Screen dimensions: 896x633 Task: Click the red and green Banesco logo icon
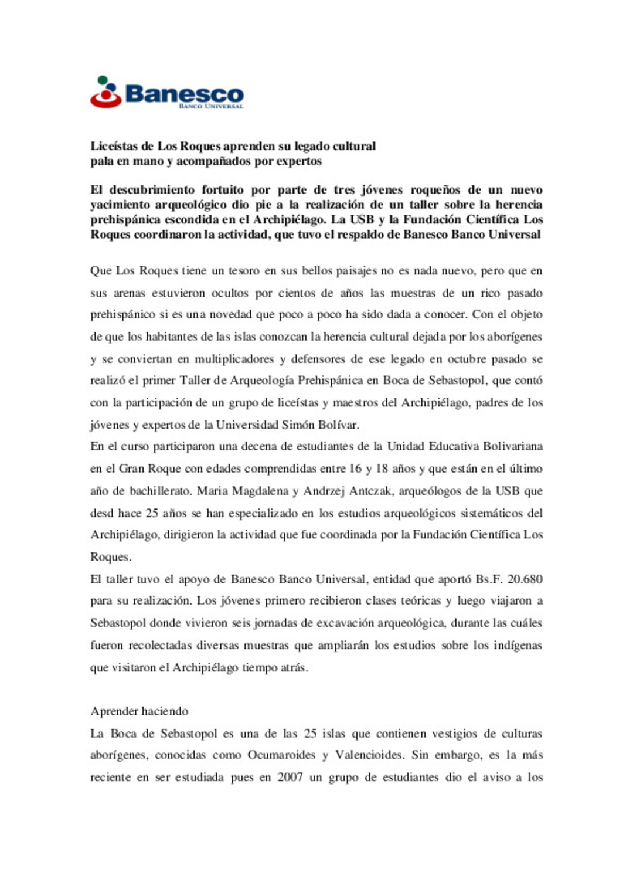point(105,93)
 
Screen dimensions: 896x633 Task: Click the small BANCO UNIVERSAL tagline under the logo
point(211,107)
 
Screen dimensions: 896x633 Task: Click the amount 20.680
point(525,579)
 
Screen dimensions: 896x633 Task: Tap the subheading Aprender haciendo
point(139,711)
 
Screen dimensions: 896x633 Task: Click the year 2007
point(290,778)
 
